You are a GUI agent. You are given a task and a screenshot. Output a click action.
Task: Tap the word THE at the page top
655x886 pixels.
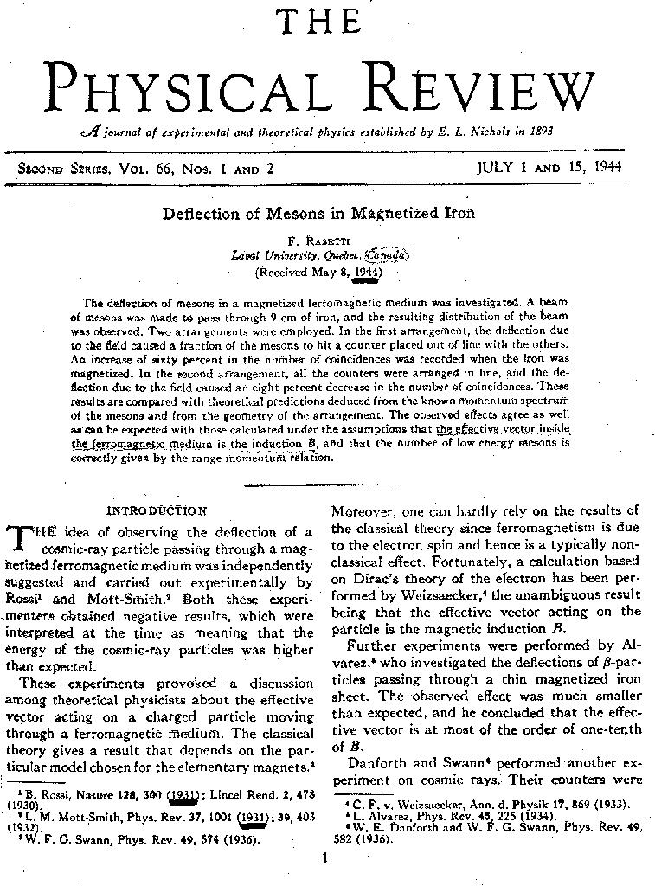[x=318, y=22]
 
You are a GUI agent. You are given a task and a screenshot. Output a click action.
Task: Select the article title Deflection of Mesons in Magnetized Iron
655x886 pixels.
[x=318, y=213]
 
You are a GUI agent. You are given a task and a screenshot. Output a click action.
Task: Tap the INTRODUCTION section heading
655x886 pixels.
[x=157, y=510]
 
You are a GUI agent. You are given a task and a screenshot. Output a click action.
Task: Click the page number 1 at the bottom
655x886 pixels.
[x=322, y=858]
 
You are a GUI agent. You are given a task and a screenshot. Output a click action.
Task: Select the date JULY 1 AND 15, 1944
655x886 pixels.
[x=549, y=168]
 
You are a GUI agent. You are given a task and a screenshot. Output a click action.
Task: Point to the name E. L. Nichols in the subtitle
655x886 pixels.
[x=464, y=132]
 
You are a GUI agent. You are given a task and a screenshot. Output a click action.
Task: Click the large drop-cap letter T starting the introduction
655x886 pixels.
[x=20, y=539]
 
